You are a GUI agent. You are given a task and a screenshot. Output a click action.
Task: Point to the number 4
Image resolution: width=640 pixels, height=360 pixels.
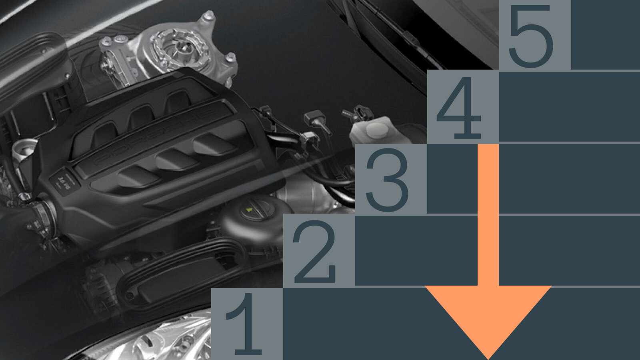tap(459, 108)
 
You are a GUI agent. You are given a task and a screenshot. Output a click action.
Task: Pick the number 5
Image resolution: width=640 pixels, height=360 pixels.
tap(531, 36)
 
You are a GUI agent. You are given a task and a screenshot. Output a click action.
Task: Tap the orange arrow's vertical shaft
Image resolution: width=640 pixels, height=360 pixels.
tap(488, 215)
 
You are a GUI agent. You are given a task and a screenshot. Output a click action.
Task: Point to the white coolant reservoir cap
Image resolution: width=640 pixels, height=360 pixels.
tap(377, 130)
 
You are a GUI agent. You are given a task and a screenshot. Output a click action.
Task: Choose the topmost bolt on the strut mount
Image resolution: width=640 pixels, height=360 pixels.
tap(208, 16)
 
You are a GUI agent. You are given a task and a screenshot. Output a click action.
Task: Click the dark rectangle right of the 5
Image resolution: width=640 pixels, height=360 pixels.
tap(606, 34)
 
